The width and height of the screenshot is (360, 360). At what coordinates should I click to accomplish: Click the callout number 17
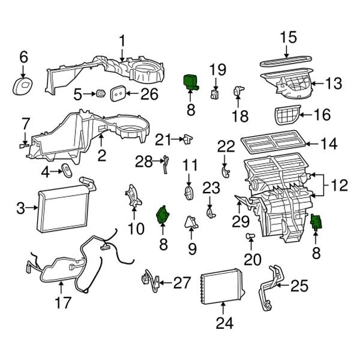62,304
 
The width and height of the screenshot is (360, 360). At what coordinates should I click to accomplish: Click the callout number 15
289,37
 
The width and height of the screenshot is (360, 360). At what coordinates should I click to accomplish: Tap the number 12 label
339,186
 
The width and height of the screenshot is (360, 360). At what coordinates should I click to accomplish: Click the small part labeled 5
100,94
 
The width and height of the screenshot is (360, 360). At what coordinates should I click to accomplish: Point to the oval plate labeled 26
119,93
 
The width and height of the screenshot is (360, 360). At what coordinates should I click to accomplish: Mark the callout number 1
122,41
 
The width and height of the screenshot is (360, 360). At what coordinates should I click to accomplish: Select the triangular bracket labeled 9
193,223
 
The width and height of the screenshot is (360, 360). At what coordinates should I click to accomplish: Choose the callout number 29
241,221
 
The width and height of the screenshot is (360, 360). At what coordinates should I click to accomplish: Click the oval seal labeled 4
66,170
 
